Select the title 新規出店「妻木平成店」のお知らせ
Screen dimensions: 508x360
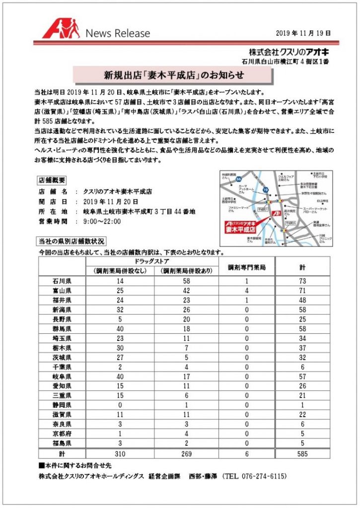tap(173, 76)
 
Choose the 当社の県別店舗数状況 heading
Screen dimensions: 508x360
tap(72, 242)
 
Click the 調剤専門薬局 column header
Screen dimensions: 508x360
tap(247, 267)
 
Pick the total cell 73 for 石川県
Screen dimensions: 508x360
tap(302, 281)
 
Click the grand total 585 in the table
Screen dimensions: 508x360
tap(302, 454)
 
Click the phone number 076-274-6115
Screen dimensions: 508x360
tap(262, 476)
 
